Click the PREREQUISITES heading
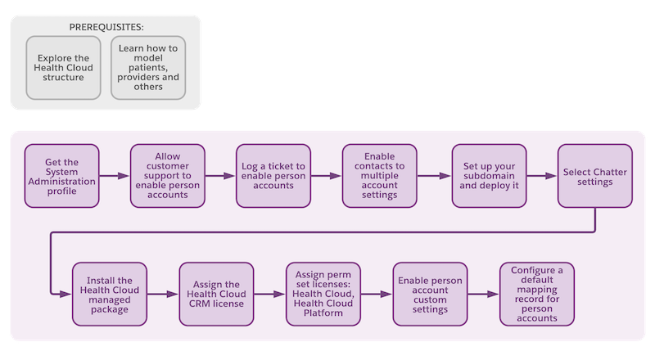tap(106, 27)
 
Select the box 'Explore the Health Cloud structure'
tap(64, 68)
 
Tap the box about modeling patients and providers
tap(148, 68)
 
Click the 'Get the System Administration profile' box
tap(62, 176)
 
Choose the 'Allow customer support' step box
tap(168, 176)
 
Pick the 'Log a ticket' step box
tap(273, 176)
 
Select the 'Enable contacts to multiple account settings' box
tap(379, 176)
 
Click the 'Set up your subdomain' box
tap(489, 176)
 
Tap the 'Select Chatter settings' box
tap(595, 176)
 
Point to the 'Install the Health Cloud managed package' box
tap(110, 294)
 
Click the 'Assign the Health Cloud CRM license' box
tap(216, 294)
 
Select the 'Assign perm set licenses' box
tap(323, 294)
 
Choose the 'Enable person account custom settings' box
tap(431, 294)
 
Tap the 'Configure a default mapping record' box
tap(537, 294)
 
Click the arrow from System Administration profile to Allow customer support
tap(115, 176)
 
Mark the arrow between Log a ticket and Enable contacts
tap(326, 176)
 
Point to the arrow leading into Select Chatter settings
tap(542, 176)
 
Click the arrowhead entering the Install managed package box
tap(66, 294)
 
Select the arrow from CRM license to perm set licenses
tap(269, 294)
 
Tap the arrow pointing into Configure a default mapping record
tap(483, 294)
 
